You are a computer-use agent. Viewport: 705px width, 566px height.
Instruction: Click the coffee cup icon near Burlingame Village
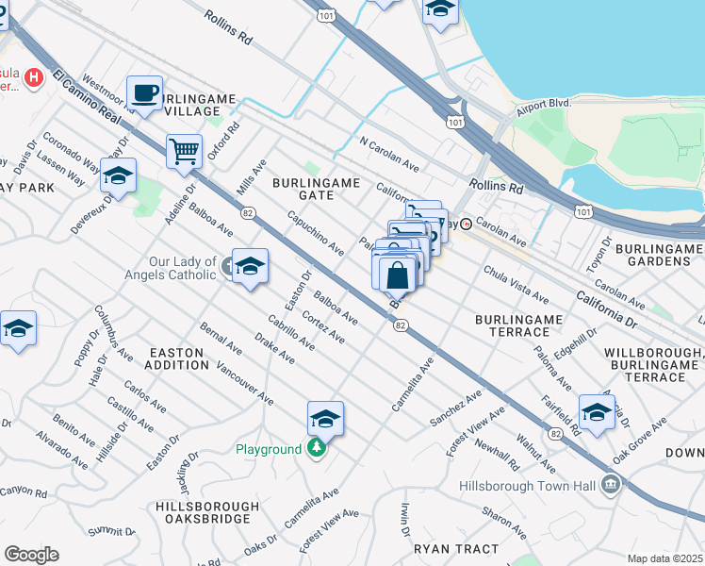tap(144, 92)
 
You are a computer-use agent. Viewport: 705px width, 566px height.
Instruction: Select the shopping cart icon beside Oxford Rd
tap(184, 150)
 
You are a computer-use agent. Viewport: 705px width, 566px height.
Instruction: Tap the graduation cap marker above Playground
tap(325, 418)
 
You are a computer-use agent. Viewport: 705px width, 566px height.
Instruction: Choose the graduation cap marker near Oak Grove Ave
tap(597, 411)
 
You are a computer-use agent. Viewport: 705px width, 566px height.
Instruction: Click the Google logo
tap(31, 554)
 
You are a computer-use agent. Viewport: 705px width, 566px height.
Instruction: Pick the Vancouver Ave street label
tap(244, 384)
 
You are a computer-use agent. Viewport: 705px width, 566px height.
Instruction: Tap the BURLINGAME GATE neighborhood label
tap(303, 187)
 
